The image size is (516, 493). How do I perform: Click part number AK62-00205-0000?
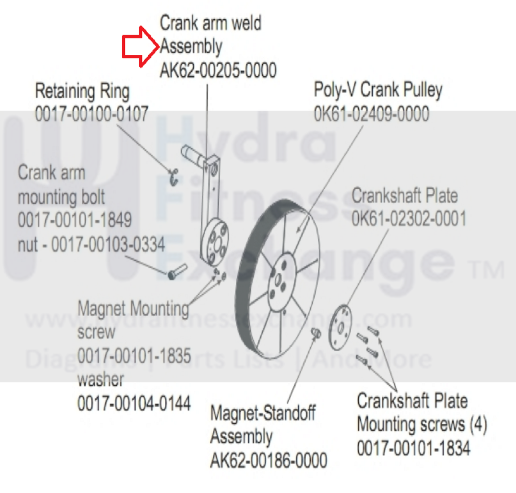pos(218,70)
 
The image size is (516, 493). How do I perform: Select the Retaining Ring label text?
pos(82,91)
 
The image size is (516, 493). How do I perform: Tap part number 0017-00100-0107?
pos(91,114)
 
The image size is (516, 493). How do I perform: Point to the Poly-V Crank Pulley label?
pos(378,90)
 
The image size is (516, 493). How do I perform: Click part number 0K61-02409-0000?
pos(371,113)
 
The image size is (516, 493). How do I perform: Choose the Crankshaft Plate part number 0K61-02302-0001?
pos(409,219)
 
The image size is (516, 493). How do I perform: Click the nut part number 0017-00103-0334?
pos(108,244)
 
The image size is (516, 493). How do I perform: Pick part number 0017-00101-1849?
pos(75,220)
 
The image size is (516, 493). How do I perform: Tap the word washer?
pos(100,380)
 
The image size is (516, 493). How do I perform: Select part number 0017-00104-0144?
pos(134,403)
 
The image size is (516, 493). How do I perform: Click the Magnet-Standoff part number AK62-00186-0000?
pos(268,460)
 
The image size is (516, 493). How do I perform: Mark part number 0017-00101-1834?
pos(413,448)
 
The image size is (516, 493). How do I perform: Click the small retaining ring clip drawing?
pos(173,177)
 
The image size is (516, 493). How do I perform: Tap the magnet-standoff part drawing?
pos(316,332)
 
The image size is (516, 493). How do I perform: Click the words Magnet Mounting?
pos(133,309)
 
